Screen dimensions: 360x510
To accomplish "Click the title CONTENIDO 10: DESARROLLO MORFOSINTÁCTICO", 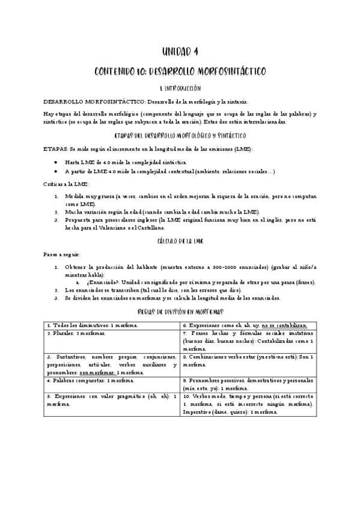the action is pos(180,72).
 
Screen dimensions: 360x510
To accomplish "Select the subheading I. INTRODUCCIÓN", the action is pos(180,88).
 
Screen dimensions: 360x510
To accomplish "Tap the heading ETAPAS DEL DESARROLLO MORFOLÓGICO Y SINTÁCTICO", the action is pos(180,135).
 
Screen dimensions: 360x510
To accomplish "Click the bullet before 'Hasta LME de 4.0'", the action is pos(55,162).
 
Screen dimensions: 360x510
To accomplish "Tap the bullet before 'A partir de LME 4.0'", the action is pos(55,172).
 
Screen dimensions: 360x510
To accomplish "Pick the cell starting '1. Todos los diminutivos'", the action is pos(112,325).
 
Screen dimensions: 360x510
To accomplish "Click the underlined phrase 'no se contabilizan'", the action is pos(284,325).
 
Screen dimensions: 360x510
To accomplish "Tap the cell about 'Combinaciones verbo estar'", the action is pos(248,360).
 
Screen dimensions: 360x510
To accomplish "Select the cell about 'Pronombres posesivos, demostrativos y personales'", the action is pos(248,384).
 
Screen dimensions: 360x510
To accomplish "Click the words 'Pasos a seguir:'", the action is pos(57,254).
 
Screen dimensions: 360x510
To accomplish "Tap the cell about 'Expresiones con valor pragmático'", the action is pos(112,400).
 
